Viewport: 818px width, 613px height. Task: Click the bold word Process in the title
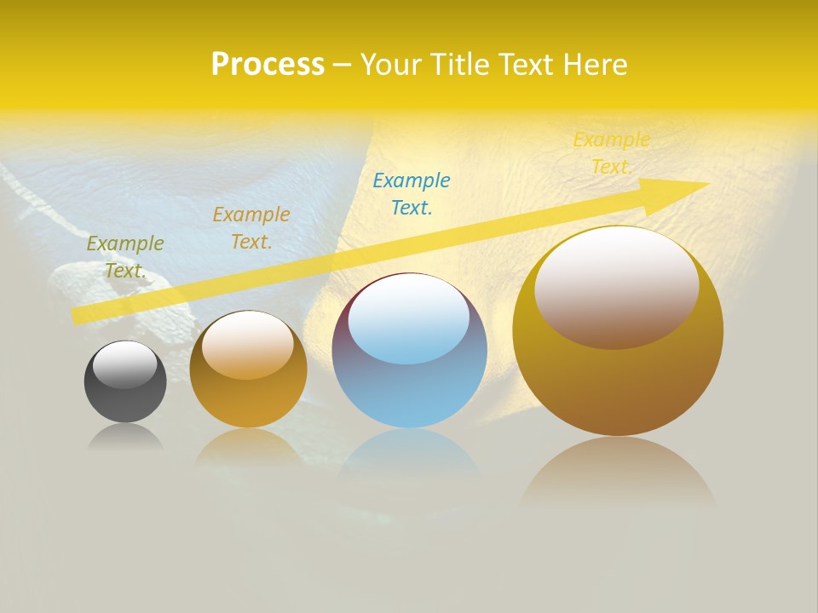[x=268, y=65]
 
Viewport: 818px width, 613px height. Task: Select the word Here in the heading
[x=596, y=65]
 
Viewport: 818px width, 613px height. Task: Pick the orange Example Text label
[x=251, y=228]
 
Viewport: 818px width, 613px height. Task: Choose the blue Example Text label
[x=412, y=194]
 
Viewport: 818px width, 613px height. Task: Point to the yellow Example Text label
[x=611, y=153]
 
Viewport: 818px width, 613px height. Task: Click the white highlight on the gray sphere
[x=125, y=364]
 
